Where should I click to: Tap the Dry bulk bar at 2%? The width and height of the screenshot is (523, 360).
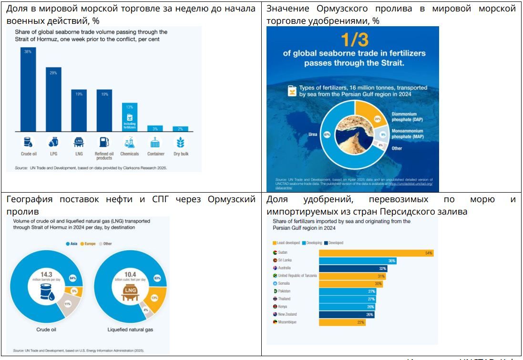click(180, 129)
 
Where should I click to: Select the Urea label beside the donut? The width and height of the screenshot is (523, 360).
click(313, 134)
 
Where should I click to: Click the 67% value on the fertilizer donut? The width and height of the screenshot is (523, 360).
click(327, 134)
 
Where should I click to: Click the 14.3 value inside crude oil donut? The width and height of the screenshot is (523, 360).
click(46, 275)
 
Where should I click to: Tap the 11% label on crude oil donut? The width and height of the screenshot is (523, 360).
click(67, 303)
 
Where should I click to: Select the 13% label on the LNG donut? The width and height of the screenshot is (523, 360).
click(154, 298)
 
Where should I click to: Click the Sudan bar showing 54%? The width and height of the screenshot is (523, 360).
click(376, 253)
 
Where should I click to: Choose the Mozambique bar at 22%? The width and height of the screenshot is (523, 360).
click(342, 322)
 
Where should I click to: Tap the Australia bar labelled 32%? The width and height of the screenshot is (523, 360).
click(353, 268)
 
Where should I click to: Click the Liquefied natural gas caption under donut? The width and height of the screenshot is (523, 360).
click(130, 329)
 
